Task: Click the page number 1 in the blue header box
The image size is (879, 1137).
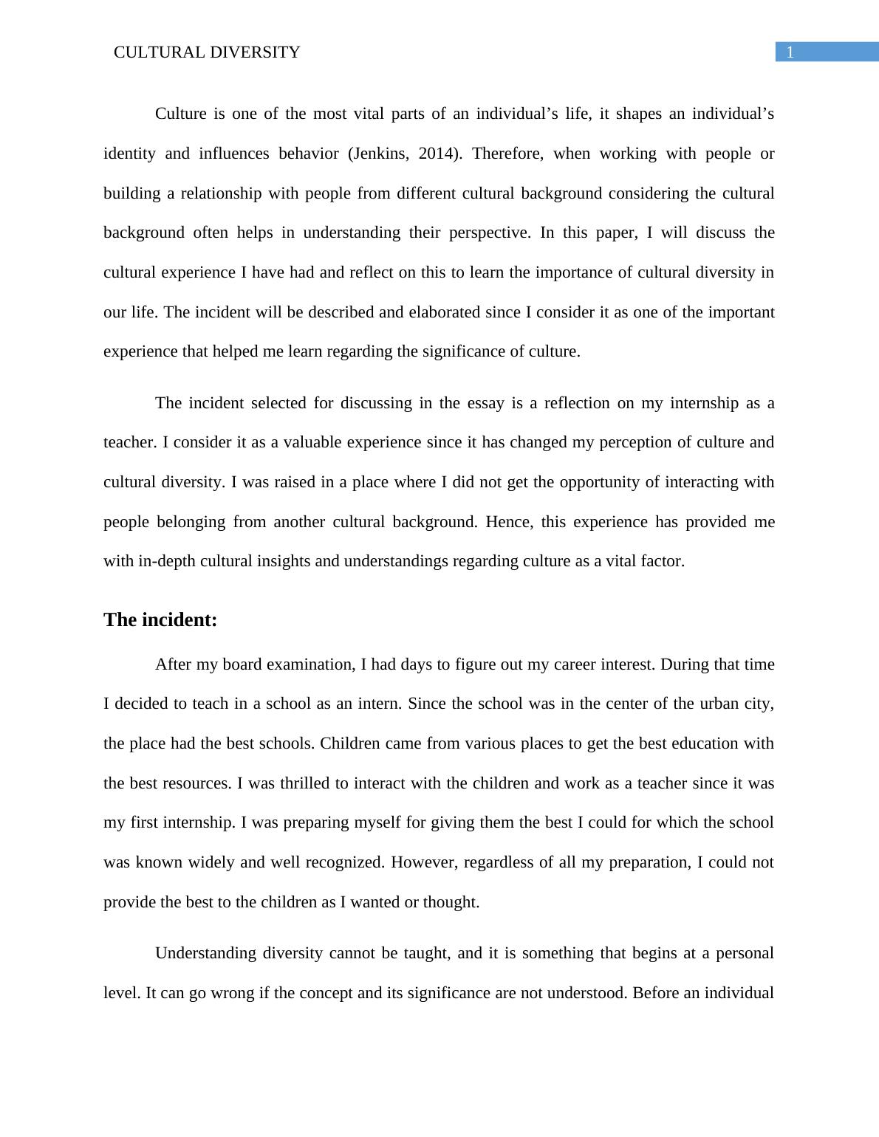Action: coord(790,52)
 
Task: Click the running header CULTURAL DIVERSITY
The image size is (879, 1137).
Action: coord(207,52)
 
